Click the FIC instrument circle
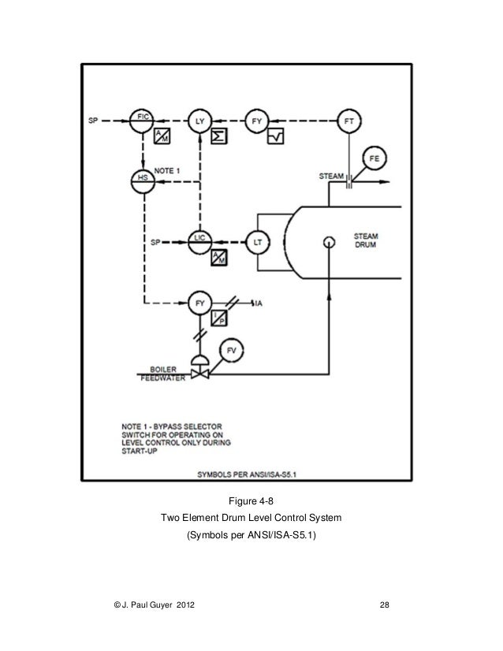pos(143,121)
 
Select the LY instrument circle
pos(199,121)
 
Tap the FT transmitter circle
pos(348,121)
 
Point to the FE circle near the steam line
pos(374,160)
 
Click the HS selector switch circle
pos(143,178)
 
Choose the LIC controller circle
pos(199,242)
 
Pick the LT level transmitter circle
pos(257,242)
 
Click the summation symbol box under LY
pos(218,137)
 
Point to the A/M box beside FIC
pos(162,137)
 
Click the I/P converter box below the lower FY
pos(218,318)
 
